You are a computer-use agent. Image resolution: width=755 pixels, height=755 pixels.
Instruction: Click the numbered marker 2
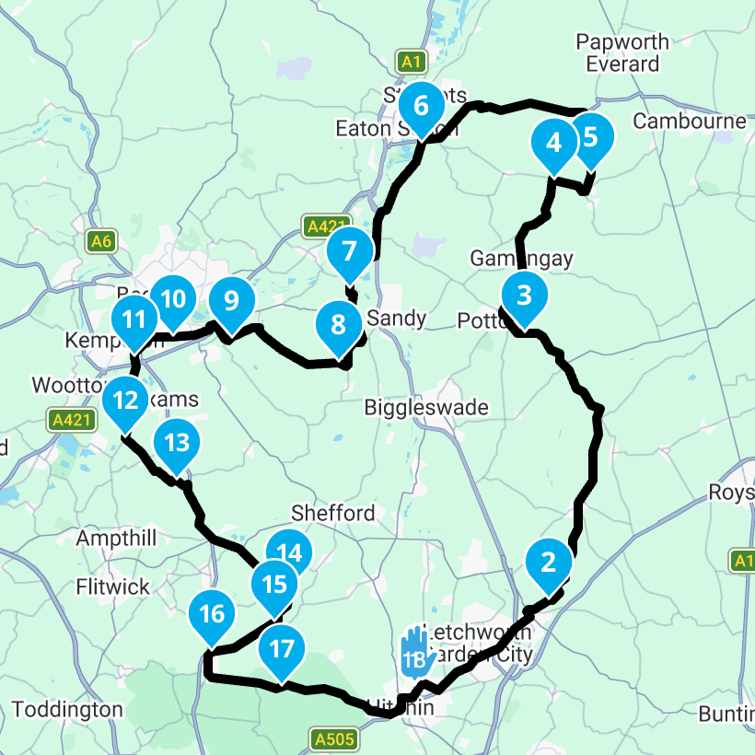click(549, 561)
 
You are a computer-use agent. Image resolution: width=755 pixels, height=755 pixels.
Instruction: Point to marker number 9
click(230, 300)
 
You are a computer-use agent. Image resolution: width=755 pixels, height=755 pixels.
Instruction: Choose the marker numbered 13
click(176, 443)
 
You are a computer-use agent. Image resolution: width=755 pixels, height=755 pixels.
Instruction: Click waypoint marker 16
click(212, 613)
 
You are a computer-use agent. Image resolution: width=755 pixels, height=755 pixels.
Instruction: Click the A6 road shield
click(101, 241)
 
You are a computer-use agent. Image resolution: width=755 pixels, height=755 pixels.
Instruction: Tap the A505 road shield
click(331, 738)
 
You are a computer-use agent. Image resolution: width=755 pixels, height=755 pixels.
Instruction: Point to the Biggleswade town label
click(426, 407)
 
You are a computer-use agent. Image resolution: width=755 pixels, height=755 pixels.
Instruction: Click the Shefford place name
click(332, 513)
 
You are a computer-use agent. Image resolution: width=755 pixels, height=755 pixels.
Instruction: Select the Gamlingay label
click(521, 259)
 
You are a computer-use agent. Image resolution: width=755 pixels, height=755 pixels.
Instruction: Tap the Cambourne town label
click(690, 122)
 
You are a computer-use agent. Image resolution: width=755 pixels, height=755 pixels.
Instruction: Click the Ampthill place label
click(118, 537)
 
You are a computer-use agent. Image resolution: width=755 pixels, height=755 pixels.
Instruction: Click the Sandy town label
click(397, 319)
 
